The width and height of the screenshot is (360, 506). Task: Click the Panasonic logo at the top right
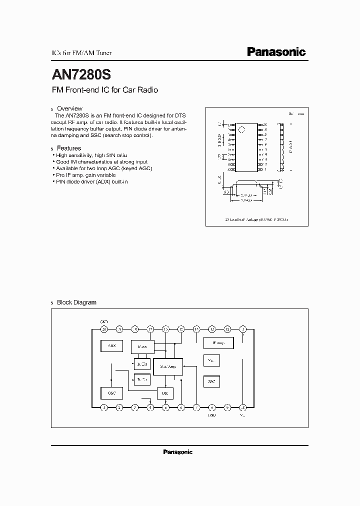coord(276,51)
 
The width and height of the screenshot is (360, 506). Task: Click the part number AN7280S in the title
coord(81,74)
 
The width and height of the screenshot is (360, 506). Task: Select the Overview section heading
coord(69,108)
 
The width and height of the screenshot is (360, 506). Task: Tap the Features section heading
coord(69,148)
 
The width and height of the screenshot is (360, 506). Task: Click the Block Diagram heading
coord(76,302)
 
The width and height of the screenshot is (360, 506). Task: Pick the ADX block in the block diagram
coord(111,345)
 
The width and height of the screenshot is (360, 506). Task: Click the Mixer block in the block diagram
coord(142,345)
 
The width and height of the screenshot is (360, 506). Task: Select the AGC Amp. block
coord(168,366)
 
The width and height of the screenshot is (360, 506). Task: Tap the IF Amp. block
coord(218,343)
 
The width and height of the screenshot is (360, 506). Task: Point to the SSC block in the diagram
coord(211,381)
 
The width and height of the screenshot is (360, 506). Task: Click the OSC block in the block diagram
coord(111,393)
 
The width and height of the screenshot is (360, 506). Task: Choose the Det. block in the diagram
coord(165,393)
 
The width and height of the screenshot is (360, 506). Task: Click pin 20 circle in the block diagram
coord(104,329)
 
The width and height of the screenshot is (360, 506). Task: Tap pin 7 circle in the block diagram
coord(196,407)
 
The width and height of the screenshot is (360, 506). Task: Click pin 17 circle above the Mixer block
coord(150,329)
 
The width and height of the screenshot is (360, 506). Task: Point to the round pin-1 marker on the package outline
coord(241,130)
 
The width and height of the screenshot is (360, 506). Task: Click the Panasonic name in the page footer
coord(178,452)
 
